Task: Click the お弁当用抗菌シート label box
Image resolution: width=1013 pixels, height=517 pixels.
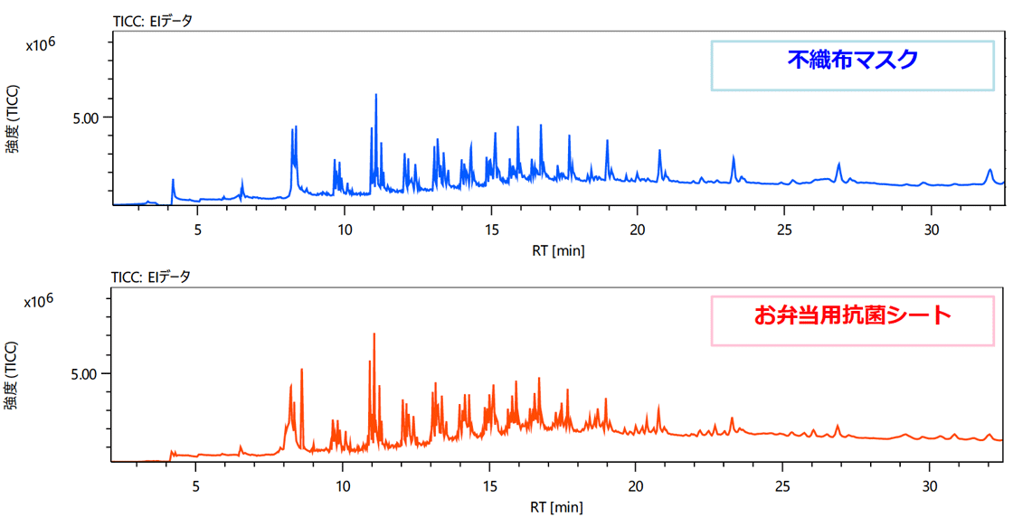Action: click(853, 319)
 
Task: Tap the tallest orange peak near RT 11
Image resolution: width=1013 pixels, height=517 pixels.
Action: click(374, 335)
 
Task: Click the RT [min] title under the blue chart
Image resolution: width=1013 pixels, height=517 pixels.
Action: click(557, 250)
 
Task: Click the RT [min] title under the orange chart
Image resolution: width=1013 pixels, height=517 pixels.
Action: click(557, 506)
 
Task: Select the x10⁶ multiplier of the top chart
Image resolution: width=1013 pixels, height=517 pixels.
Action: click(40, 44)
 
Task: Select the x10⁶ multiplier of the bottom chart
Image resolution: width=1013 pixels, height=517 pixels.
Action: click(40, 300)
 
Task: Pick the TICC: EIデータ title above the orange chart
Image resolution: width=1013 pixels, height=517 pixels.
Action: click(151, 277)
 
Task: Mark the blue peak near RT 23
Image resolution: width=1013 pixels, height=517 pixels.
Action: click(733, 159)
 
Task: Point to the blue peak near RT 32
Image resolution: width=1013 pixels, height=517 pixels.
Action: click(989, 171)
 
